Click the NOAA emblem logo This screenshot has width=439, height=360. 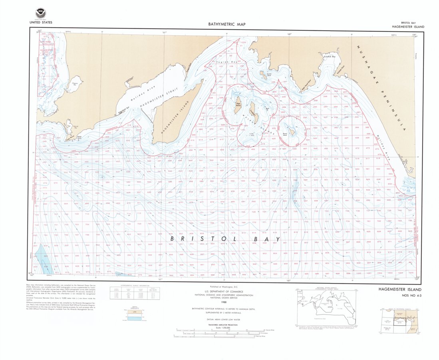(40, 13)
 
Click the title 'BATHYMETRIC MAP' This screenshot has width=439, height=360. (226, 24)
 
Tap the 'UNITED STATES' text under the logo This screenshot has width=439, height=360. (41, 22)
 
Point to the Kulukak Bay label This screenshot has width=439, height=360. (330, 57)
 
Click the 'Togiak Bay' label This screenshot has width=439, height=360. (226, 62)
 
